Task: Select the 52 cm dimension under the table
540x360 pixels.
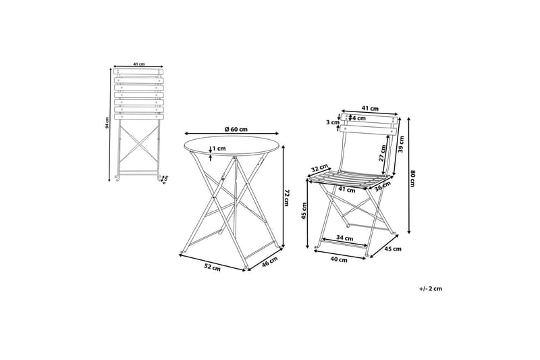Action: point(213,268)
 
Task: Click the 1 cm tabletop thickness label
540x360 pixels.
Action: point(218,149)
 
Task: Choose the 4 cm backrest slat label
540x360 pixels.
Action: point(352,118)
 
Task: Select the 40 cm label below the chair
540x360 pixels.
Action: point(340,259)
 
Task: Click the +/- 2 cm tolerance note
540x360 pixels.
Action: point(430,288)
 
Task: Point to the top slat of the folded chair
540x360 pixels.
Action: point(138,72)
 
